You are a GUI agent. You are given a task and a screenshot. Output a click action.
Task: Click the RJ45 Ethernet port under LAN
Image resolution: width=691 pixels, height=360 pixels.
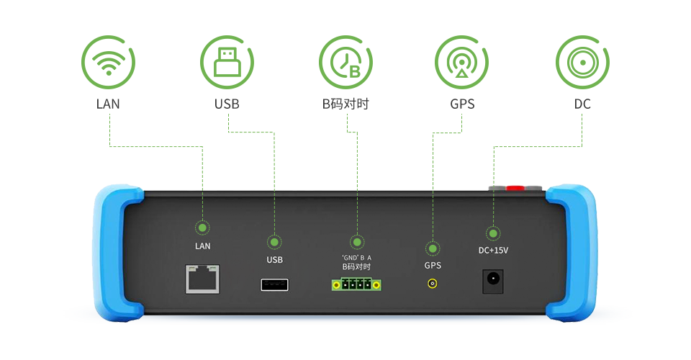(203, 279)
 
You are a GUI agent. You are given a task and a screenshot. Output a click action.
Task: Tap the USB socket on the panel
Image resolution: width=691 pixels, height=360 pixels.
(274, 284)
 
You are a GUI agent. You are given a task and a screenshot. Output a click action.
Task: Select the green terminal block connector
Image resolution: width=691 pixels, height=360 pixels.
(356, 284)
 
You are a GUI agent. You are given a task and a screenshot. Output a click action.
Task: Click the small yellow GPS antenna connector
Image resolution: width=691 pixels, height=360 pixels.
(433, 284)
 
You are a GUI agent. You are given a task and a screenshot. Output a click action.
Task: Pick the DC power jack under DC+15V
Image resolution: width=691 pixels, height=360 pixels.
(492, 280)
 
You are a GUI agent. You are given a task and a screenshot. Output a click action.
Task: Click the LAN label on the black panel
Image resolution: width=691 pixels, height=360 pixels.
(203, 246)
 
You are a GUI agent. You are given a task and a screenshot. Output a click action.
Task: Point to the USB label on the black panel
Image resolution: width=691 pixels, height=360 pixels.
(274, 259)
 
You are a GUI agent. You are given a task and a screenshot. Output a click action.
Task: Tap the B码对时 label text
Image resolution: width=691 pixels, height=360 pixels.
(356, 266)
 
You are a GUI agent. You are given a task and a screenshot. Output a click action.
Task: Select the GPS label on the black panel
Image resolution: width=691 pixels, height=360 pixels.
(433, 265)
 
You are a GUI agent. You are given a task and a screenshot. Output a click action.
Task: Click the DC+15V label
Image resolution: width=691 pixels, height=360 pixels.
(493, 251)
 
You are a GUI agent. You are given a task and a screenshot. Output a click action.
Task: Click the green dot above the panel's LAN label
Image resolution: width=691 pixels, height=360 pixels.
(203, 228)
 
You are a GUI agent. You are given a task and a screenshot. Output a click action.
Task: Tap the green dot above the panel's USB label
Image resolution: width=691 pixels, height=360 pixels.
(274, 242)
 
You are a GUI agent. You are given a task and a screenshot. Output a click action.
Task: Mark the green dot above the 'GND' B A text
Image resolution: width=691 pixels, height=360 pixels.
(356, 241)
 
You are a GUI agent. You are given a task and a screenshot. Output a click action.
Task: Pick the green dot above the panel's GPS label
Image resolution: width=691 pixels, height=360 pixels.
(433, 248)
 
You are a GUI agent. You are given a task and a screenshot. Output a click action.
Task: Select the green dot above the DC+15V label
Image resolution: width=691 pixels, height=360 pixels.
(493, 233)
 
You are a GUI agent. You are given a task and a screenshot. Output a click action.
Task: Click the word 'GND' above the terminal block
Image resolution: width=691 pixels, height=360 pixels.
(349, 257)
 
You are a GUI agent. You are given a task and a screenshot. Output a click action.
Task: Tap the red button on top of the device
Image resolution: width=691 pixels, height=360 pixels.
(515, 188)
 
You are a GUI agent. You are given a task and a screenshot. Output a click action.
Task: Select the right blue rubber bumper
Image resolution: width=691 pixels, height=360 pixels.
(572, 252)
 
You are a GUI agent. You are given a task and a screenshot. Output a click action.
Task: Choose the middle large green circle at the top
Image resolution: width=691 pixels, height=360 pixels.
(345, 62)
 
